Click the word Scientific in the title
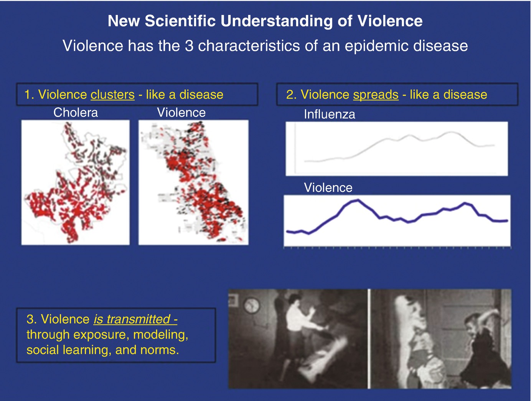180,21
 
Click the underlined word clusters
112,94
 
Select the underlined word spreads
376,95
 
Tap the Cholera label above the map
76,112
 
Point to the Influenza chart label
330,114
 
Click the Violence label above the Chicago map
181,112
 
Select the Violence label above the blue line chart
328,187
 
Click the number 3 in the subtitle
189,46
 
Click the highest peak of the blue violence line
358,200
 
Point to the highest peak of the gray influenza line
451,132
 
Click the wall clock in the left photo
252,306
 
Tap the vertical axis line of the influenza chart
295,148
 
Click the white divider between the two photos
369,339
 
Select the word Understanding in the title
277,21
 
